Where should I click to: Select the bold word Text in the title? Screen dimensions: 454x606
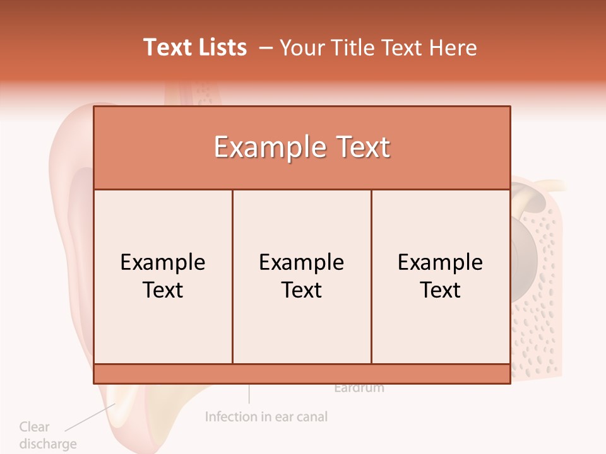[x=166, y=47]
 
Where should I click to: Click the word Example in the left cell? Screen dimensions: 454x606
[x=163, y=262]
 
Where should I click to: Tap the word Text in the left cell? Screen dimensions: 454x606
[x=163, y=290]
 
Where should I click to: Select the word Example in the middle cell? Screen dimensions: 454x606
[x=302, y=262]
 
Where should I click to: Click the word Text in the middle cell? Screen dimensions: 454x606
[x=302, y=290]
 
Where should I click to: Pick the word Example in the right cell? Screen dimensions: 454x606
[x=441, y=262]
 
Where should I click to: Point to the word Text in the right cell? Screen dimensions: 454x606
[x=441, y=290]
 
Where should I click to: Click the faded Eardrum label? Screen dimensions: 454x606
[x=359, y=388]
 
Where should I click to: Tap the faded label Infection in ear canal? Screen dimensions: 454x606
[x=266, y=417]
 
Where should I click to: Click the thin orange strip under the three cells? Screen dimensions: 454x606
[x=302, y=373]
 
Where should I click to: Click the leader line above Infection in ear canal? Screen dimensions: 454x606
[x=249, y=393]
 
